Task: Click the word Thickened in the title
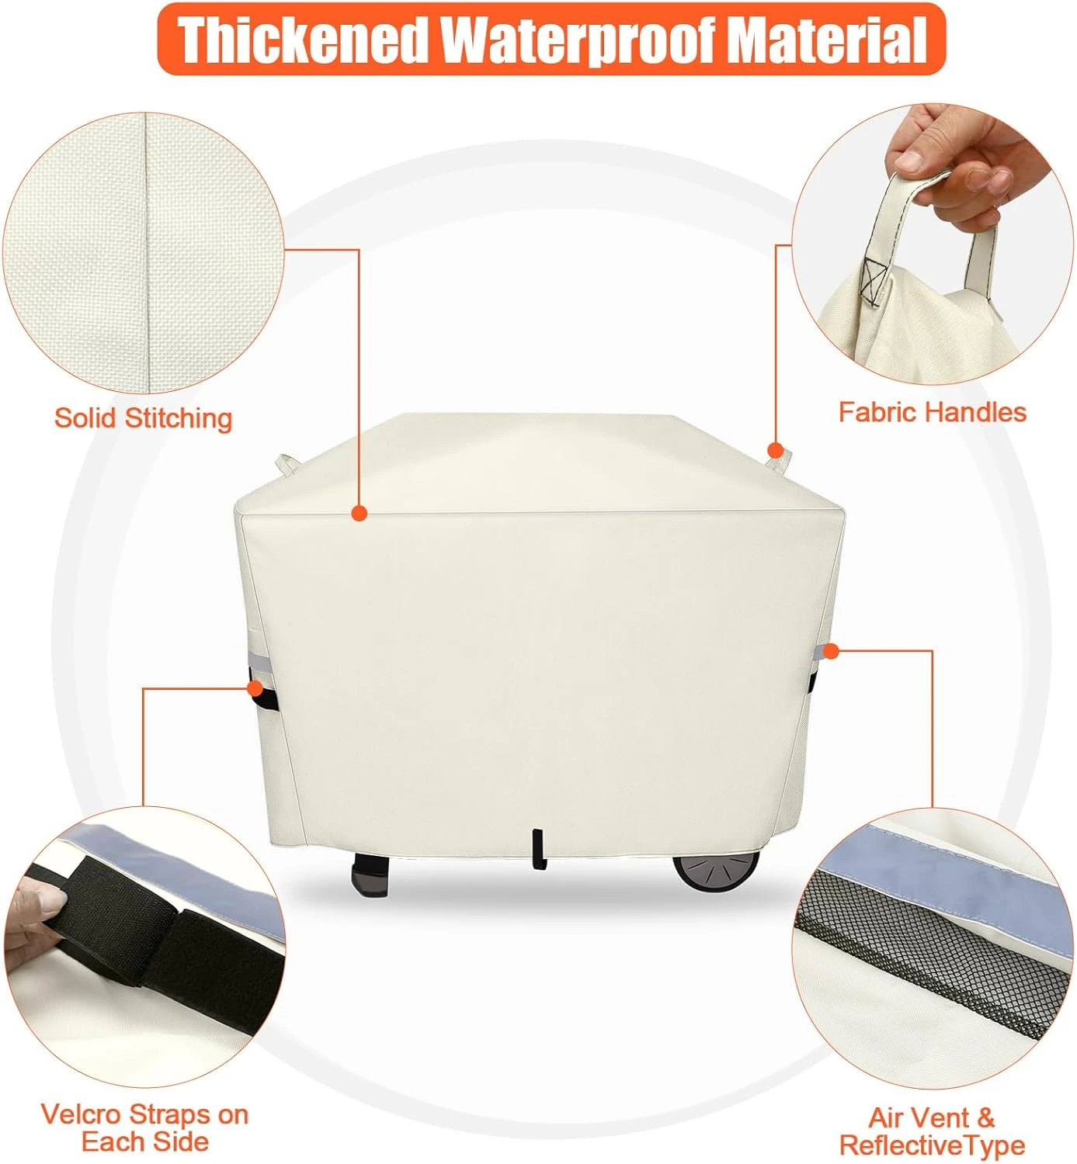tap(303, 39)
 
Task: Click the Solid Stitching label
tap(143, 418)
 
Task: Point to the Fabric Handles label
tap(932, 412)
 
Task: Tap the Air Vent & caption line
tap(931, 1118)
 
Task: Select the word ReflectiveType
tap(932, 1145)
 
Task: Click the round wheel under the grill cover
tap(715, 869)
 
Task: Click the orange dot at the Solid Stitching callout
tap(359, 513)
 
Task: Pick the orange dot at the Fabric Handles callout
tap(775, 450)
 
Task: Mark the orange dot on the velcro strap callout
tap(255, 688)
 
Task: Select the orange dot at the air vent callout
tap(831, 652)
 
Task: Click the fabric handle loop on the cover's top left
tap(286, 463)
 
